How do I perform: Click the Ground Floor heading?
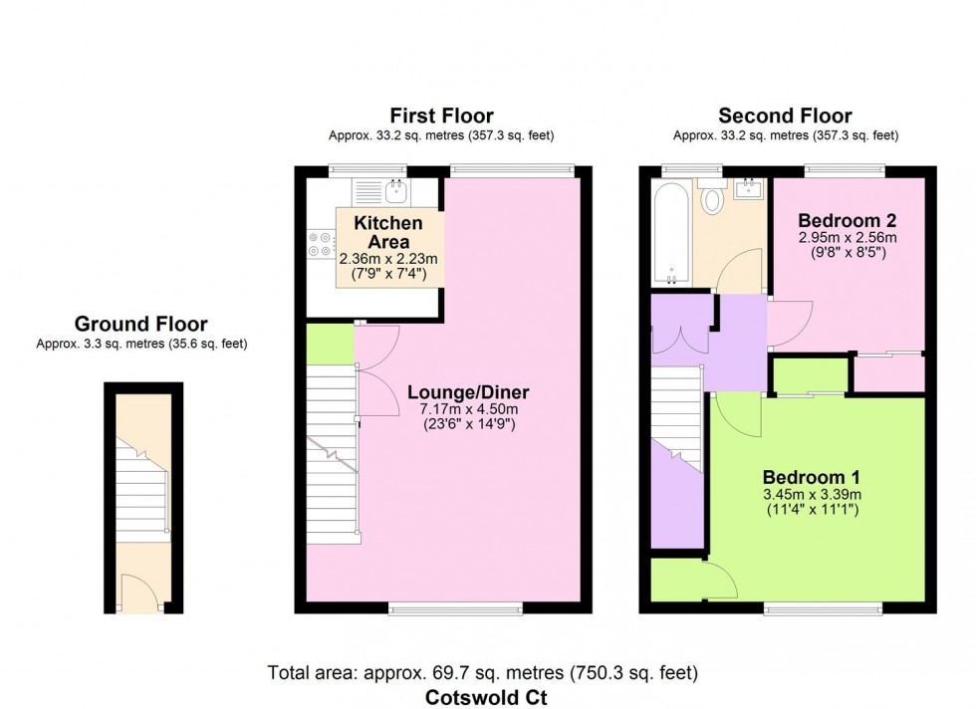point(140,324)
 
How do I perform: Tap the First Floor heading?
point(441,116)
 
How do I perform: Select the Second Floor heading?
point(786,116)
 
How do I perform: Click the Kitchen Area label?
point(388,232)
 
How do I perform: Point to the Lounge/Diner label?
point(467,391)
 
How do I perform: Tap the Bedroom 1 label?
point(811,476)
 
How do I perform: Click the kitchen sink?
point(396,185)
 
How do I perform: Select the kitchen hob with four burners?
point(323,246)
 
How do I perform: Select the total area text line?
point(483,673)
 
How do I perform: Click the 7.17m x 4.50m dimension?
point(467,409)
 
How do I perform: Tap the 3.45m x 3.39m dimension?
point(811,494)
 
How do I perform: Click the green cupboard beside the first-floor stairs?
point(330,344)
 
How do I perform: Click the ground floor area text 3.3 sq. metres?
point(140,344)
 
